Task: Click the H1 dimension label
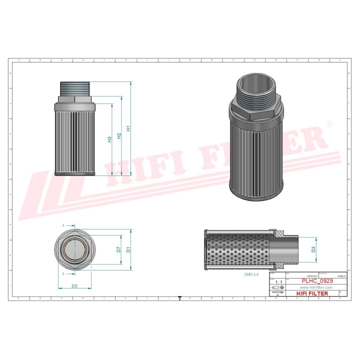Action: click(128, 128)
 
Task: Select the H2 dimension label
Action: click(119, 135)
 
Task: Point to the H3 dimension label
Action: click(109, 139)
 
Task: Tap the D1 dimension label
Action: click(128, 249)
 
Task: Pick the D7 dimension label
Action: click(118, 249)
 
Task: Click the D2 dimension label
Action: click(74, 286)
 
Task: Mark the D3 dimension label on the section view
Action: click(313, 249)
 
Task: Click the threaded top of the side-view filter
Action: click(74, 89)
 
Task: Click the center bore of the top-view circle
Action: click(74, 249)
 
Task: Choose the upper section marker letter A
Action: click(63, 226)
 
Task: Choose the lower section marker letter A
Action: click(63, 274)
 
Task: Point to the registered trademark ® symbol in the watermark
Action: click(328, 123)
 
